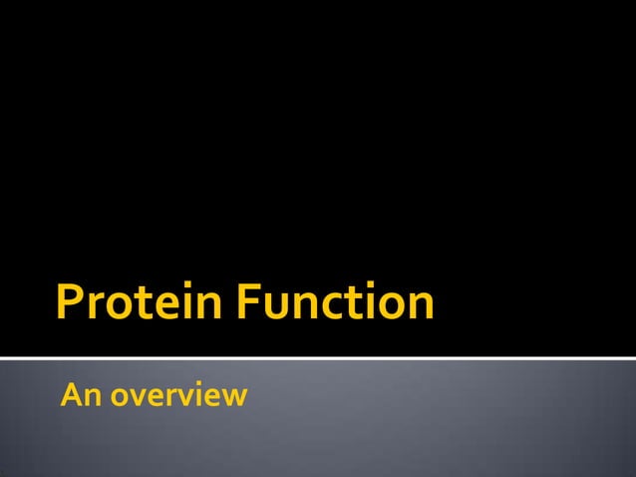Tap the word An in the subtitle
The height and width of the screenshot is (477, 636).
click(80, 396)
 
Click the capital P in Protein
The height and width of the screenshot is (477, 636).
click(70, 303)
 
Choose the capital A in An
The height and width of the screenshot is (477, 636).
click(71, 396)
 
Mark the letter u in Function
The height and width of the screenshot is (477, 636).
click(283, 307)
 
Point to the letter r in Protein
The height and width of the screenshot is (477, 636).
click(95, 307)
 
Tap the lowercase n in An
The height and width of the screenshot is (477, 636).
click(90, 398)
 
